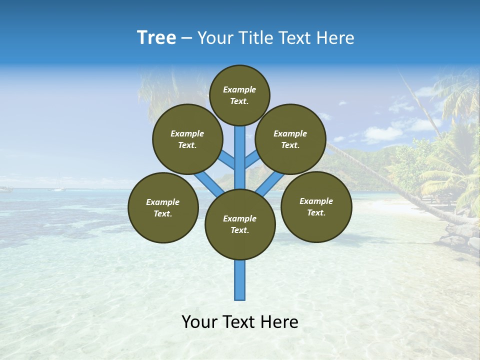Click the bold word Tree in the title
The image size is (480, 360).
tap(156, 38)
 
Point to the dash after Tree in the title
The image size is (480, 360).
tap(186, 38)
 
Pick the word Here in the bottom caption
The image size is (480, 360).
tap(279, 322)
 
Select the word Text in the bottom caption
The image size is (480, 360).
tap(240, 322)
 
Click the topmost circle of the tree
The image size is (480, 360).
tap(239, 95)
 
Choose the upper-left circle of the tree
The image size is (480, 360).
tap(187, 139)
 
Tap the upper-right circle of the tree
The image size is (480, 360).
tap(290, 139)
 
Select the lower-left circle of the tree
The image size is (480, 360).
tap(163, 207)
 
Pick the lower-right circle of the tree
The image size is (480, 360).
tap(316, 206)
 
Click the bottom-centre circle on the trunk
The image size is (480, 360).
tap(240, 224)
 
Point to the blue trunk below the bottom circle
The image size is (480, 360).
tap(240, 280)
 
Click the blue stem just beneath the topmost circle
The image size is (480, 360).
tap(240, 145)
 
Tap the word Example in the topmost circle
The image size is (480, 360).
tap(239, 89)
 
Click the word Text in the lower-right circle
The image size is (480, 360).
tap(315, 212)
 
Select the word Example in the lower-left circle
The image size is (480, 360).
tap(162, 202)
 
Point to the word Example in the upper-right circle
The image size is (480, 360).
tap(290, 133)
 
